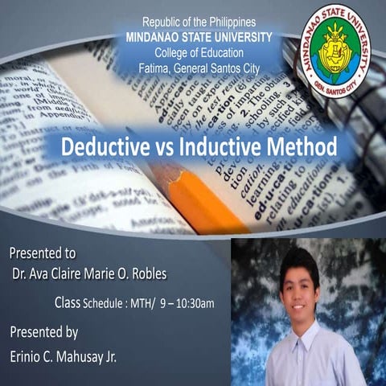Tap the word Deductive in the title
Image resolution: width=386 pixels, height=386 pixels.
[x=102, y=149]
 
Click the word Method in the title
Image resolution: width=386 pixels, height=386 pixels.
[x=302, y=149]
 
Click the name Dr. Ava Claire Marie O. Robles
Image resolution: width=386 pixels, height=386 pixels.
[x=90, y=273]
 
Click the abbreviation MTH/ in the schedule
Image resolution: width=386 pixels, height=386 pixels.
[x=156, y=304]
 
